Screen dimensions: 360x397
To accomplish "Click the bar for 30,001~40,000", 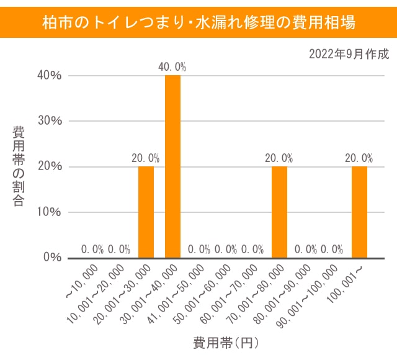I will [172, 166].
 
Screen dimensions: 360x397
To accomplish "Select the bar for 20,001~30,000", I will [146, 212].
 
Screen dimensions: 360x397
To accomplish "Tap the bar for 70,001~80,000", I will [279, 212].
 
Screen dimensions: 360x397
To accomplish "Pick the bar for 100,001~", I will [359, 212].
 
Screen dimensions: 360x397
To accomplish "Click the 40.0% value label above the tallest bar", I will [172, 66].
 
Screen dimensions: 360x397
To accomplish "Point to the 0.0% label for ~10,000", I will [92, 250].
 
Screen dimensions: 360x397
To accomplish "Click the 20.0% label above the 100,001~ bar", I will [359, 158].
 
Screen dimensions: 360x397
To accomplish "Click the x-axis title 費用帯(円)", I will [225, 342].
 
